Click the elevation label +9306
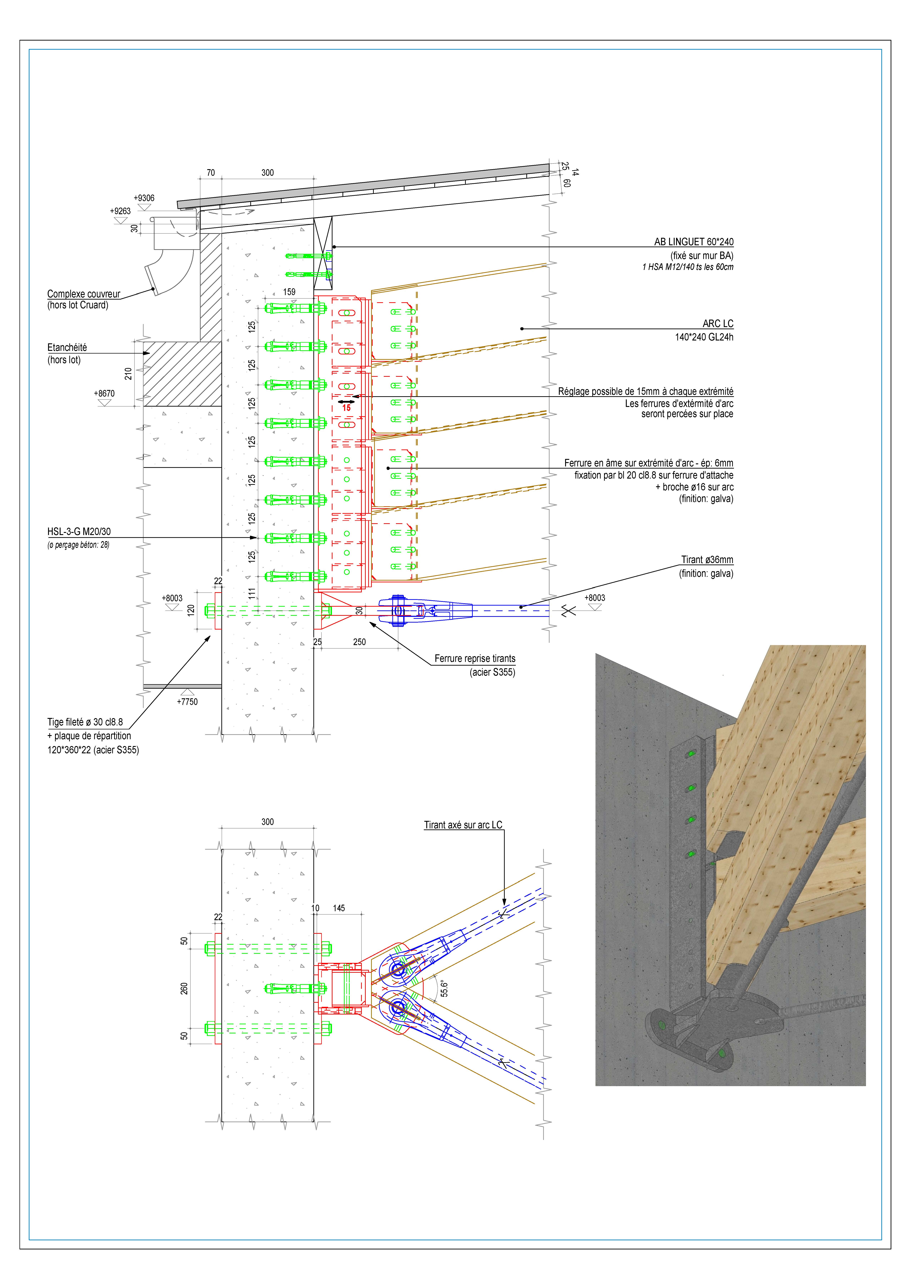(x=144, y=198)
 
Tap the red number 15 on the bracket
(x=347, y=408)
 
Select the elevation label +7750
(x=187, y=702)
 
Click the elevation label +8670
(x=104, y=394)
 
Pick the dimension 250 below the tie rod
(x=360, y=642)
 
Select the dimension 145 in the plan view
(x=339, y=908)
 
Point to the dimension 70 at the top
(x=211, y=173)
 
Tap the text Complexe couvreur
(x=84, y=294)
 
